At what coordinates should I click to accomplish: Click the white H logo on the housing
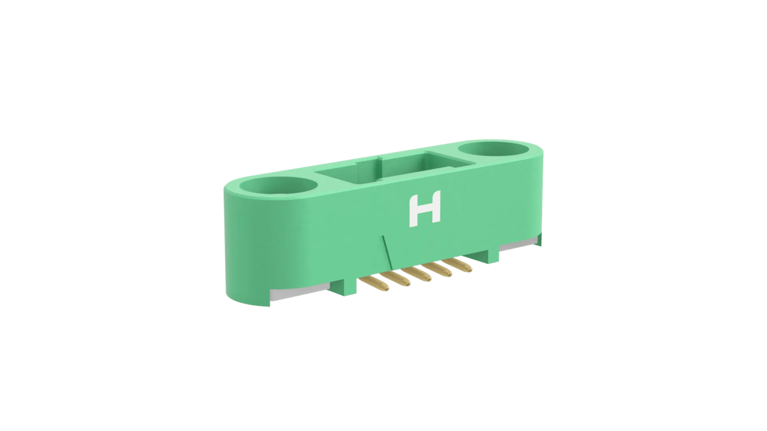(425, 210)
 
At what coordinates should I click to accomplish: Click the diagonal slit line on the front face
(386, 250)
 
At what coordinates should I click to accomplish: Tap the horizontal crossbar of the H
(425, 210)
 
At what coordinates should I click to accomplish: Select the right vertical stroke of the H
(437, 208)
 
